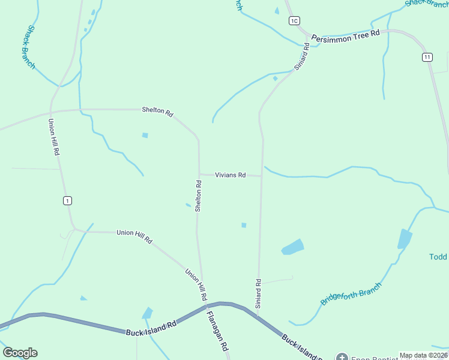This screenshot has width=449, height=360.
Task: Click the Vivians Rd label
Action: coord(231,175)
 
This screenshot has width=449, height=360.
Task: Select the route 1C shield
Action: coord(294,21)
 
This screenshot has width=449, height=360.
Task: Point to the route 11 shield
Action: coord(427,57)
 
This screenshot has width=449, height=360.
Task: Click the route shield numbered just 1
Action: coord(67,200)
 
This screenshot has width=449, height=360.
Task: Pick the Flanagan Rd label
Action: coord(218,330)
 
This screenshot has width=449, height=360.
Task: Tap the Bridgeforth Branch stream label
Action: coord(351,294)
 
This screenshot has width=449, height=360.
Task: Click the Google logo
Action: coord(20,353)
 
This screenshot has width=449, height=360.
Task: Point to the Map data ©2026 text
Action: coord(423,355)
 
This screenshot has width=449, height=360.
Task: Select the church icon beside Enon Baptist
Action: coord(342,358)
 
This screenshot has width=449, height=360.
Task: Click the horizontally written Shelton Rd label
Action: coord(157,111)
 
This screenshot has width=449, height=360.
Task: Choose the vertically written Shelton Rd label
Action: coord(197,194)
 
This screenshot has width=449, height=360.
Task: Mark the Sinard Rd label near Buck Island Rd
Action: coord(259,293)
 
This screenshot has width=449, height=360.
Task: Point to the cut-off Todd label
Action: coord(438,257)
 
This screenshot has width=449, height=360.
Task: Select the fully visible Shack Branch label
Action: coord(31,46)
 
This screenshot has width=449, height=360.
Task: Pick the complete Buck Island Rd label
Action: coord(151,328)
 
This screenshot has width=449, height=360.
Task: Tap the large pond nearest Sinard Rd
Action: coord(292,247)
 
